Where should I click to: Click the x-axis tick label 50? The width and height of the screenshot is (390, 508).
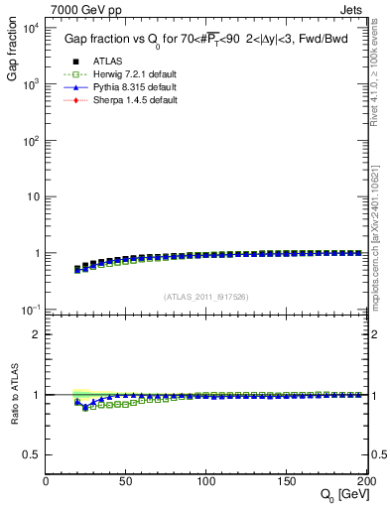point(126,480)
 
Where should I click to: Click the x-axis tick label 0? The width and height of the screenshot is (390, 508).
point(46,480)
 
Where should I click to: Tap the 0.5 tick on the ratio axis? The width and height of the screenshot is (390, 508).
point(32,454)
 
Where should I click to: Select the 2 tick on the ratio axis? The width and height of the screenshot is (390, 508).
point(37,334)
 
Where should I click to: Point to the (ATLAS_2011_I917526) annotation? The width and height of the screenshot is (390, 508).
point(206,296)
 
